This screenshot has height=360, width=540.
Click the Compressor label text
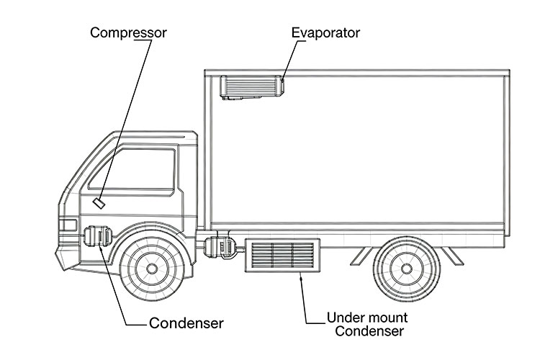click(x=128, y=33)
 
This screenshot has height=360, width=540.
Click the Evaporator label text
click(x=325, y=33)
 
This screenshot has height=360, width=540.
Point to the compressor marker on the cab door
click(x=99, y=202)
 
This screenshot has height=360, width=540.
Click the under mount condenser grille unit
click(x=282, y=256)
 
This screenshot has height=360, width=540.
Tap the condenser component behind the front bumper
click(x=98, y=237)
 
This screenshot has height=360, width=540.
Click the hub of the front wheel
click(x=151, y=269)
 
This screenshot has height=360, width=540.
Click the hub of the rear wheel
click(x=406, y=269)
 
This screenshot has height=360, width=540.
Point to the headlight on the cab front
click(x=67, y=225)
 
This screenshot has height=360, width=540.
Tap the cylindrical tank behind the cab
click(x=220, y=246)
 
